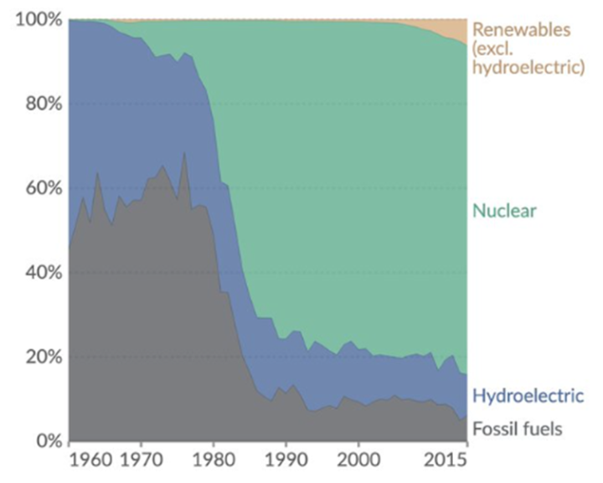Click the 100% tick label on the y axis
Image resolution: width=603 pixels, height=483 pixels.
[33, 19]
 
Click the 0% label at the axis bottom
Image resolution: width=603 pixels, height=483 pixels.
[41, 441]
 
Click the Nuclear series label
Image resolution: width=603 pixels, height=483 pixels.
[504, 210]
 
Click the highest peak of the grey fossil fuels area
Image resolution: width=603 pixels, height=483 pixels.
[184, 153]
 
